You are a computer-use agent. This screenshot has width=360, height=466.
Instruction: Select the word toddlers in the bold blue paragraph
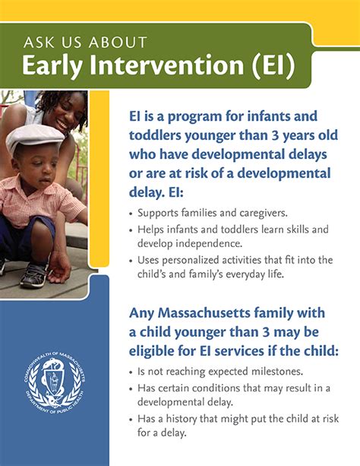point(156,136)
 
